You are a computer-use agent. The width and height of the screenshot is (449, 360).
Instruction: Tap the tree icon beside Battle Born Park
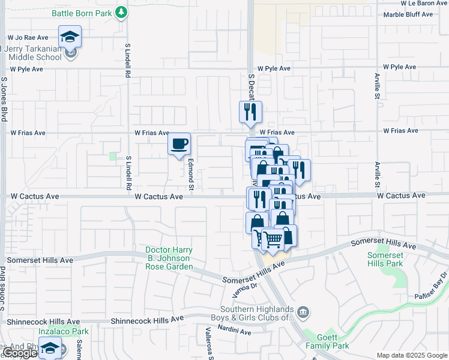pyautogui.click(x=122, y=12)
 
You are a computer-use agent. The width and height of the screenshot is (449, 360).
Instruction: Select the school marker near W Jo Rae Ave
pyautogui.click(x=70, y=37)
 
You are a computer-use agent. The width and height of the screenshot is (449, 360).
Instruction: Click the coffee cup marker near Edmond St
pyautogui.click(x=179, y=144)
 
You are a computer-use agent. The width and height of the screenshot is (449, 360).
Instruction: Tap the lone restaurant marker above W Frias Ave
pyautogui.click(x=250, y=112)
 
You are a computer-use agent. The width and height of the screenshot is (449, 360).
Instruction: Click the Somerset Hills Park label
pyautogui.click(x=385, y=259)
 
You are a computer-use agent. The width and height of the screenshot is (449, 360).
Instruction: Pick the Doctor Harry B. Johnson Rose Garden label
pyautogui.click(x=169, y=258)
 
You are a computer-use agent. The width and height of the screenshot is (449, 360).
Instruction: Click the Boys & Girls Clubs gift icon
pyautogui.click(x=304, y=311)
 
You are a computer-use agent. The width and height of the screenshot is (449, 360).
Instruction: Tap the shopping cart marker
pyautogui.click(x=273, y=239)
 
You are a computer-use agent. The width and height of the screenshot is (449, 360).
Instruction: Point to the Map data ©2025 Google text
pyautogui.click(x=412, y=355)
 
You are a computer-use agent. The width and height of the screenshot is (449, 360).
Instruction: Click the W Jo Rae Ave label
pyautogui.click(x=27, y=37)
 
